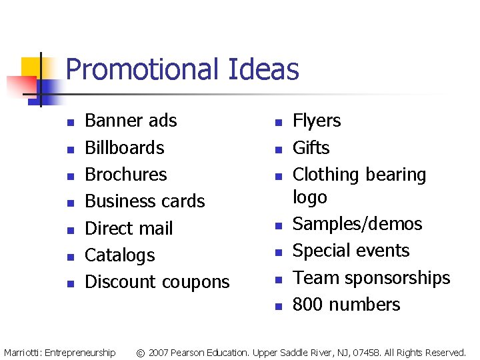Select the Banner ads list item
coord(131,121)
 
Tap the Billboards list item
coord(125,147)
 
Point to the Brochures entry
coord(126,174)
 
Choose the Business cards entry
coord(145,201)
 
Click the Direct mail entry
coord(129,228)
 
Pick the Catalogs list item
coord(120,255)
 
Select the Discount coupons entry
coord(157,282)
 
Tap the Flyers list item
coord(317,121)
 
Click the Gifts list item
coord(311,147)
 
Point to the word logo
coord(310,197)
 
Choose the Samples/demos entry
coord(357,224)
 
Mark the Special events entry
coord(351,251)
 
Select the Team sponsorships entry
coord(371,277)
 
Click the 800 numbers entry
coord(346,305)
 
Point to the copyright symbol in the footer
coord(141,352)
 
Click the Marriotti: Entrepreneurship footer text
coord(59,352)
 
